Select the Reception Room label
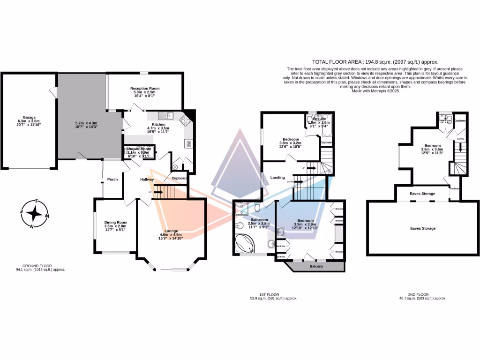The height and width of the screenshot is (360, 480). (x=145, y=88)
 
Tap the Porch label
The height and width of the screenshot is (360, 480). (x=112, y=179)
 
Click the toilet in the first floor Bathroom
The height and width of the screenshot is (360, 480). (x=257, y=207)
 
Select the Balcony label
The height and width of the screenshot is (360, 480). (x=316, y=267)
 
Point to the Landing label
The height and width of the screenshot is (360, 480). (x=277, y=177)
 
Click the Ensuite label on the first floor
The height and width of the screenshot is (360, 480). (x=319, y=120)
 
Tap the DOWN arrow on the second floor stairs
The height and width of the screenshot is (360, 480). (x=461, y=146)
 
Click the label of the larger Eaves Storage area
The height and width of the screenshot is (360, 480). (x=423, y=228)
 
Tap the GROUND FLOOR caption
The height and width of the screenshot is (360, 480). (x=39, y=265)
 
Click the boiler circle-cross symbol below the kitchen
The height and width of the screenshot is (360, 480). (x=176, y=166)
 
